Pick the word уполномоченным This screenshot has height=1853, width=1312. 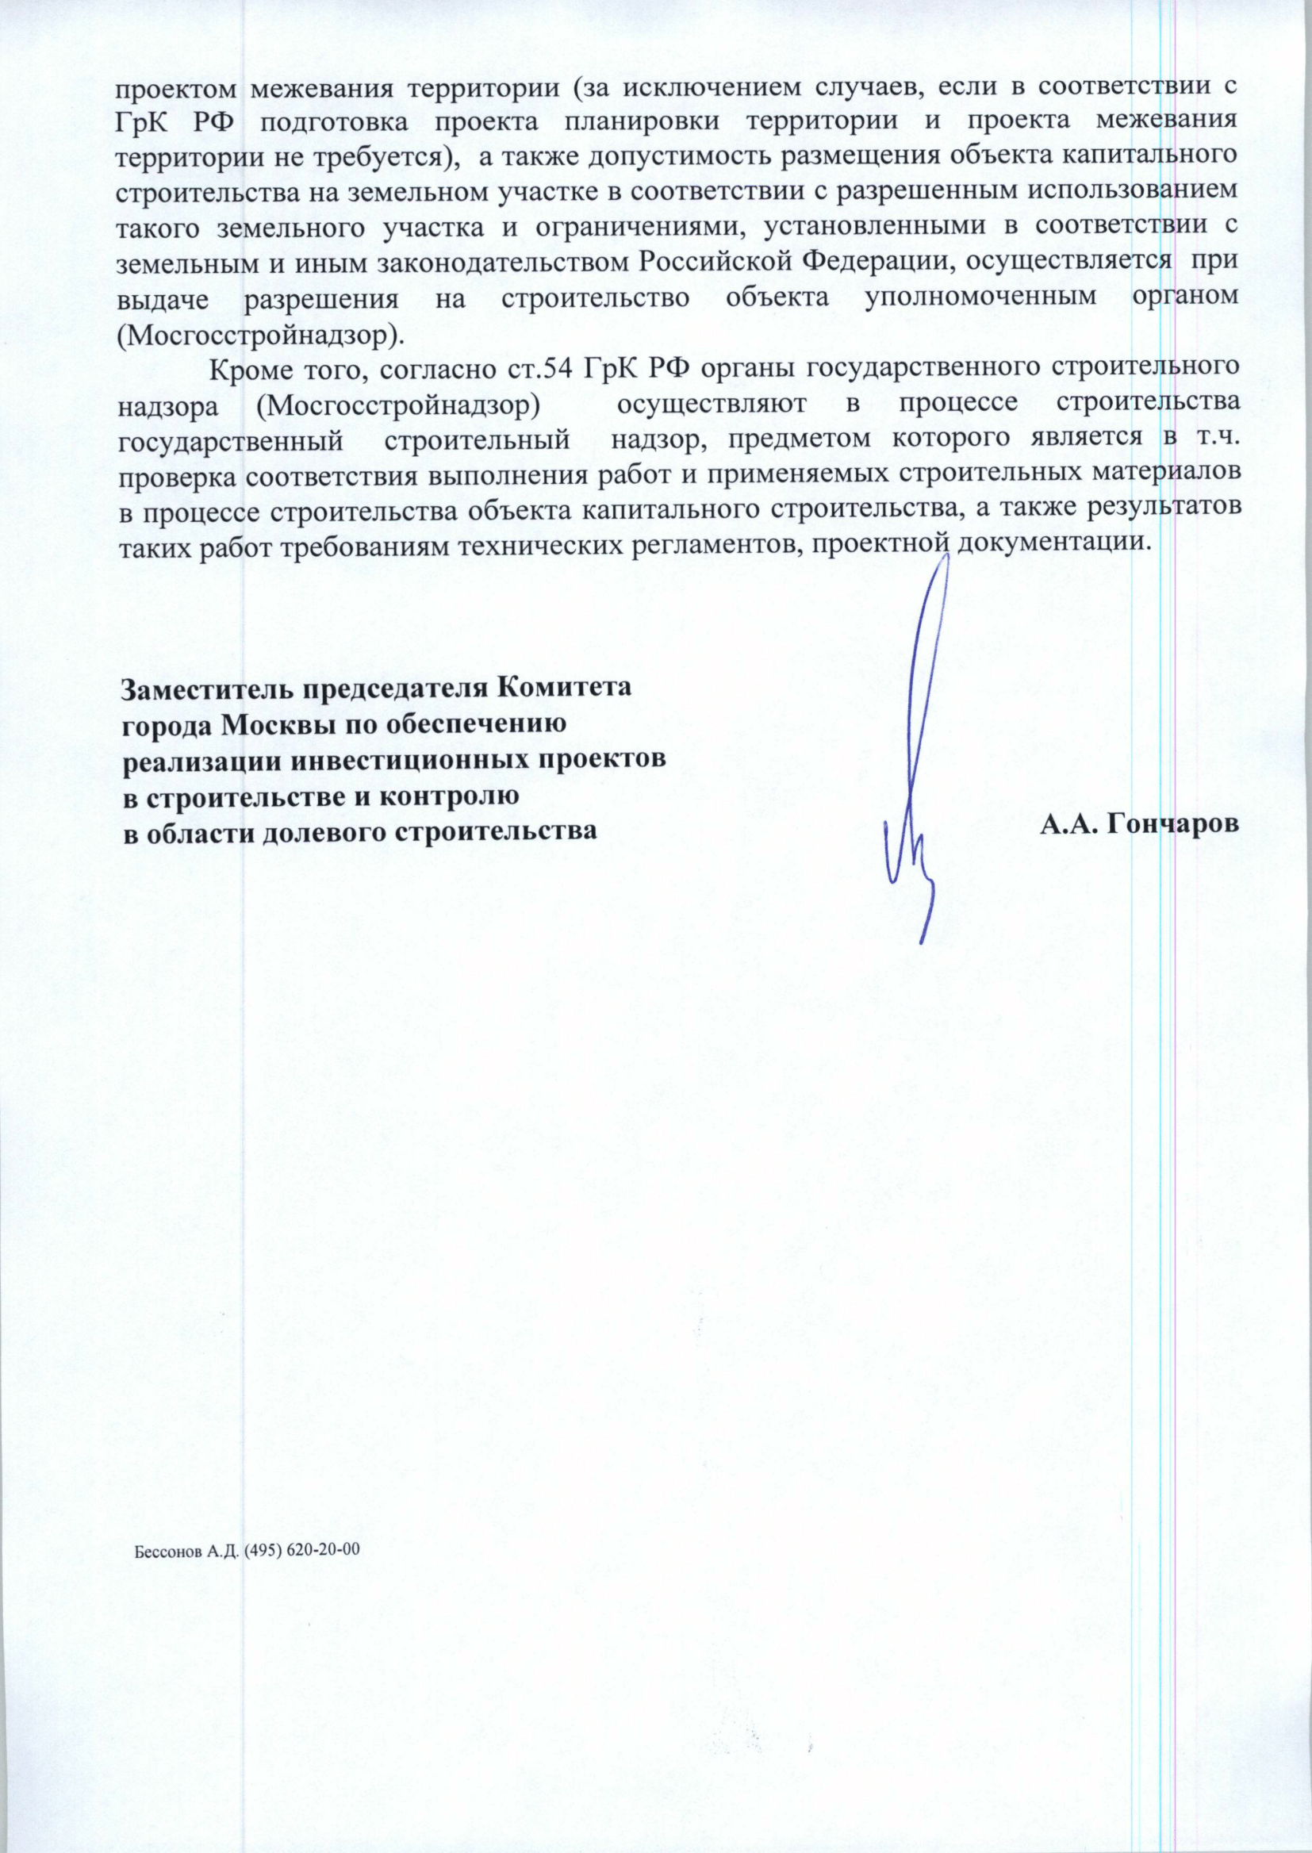(980, 297)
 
